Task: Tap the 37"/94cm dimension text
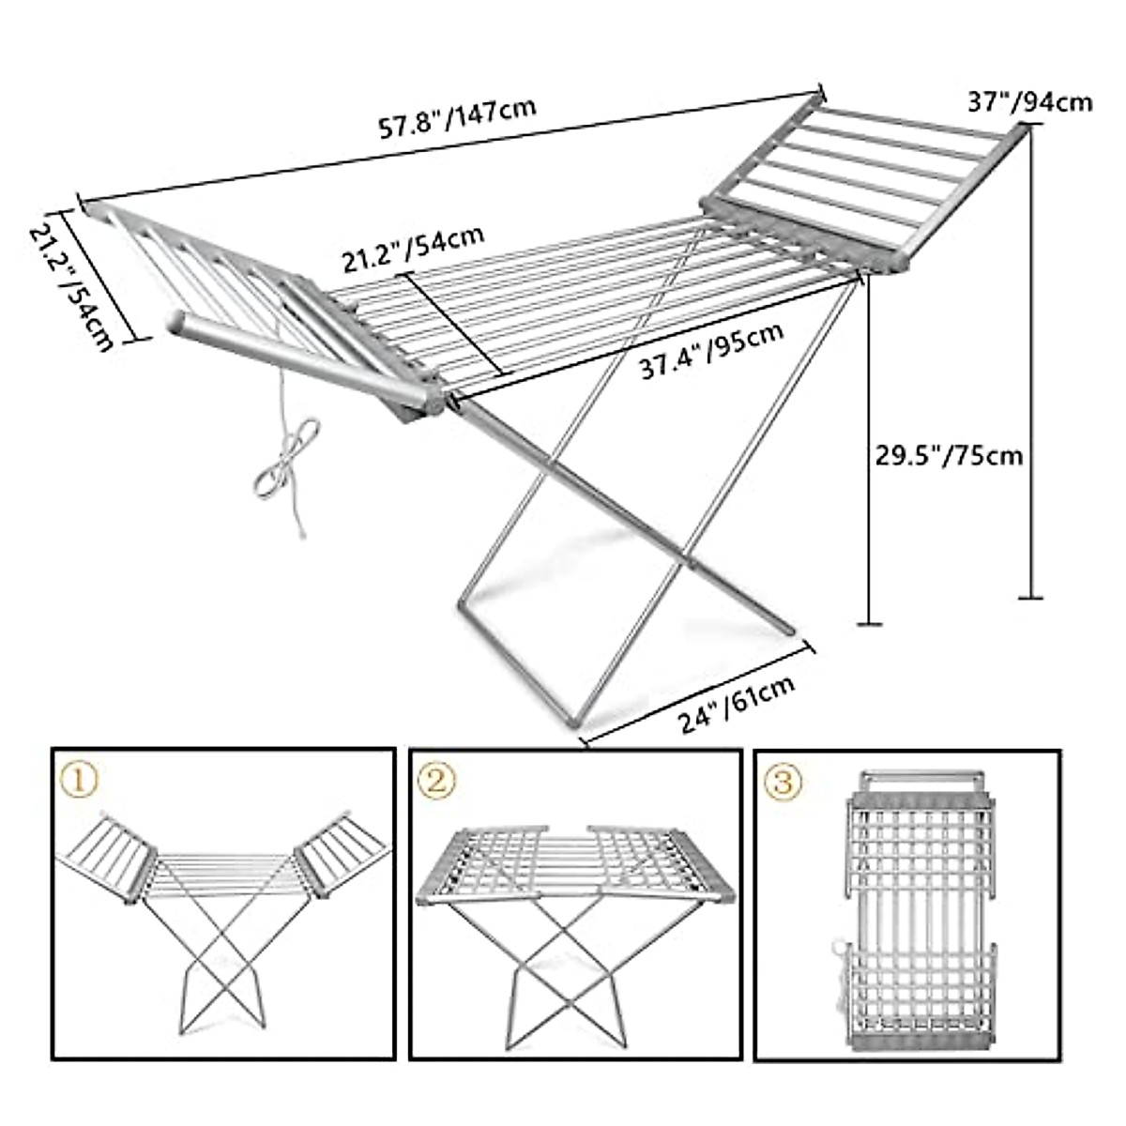[x=1030, y=100]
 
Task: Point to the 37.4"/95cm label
[x=711, y=352]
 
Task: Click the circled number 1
[x=79, y=778]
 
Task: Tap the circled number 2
[x=439, y=780]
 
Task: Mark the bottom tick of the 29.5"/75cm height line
[x=870, y=623]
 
